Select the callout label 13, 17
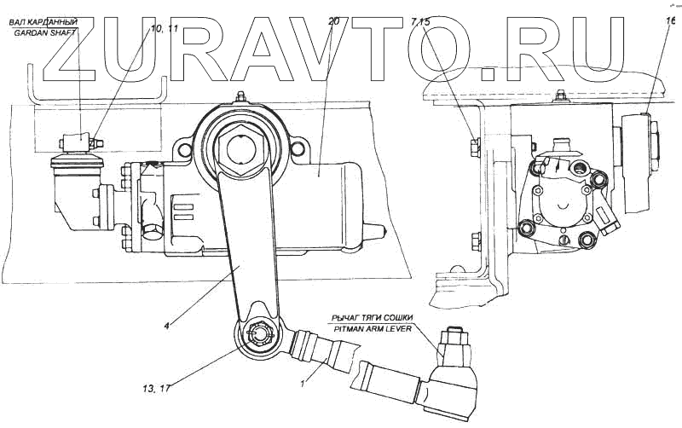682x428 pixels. pos(157,389)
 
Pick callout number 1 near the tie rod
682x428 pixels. pos(303,385)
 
